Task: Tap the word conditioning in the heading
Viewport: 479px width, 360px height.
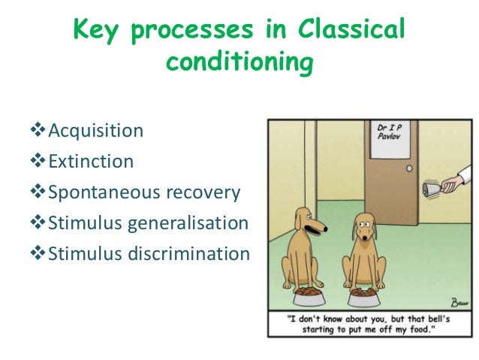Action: pos(239,63)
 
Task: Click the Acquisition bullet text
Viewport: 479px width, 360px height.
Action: pos(95,131)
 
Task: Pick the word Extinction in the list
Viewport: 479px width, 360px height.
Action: pos(91,162)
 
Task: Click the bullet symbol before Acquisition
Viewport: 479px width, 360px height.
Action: pos(40,131)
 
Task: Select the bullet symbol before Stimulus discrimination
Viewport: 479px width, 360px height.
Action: pos(40,254)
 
